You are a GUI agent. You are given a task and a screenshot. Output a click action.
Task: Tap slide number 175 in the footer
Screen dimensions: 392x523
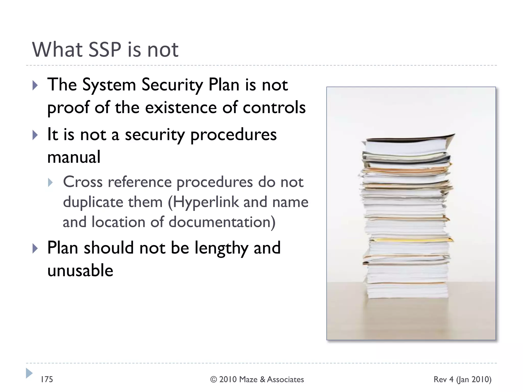tap(47, 379)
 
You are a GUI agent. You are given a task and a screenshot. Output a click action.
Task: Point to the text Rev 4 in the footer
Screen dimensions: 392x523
tap(444, 379)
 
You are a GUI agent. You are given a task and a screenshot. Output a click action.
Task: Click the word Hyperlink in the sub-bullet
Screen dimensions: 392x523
tap(206, 202)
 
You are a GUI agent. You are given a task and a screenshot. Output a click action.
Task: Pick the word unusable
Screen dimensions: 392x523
tap(80, 271)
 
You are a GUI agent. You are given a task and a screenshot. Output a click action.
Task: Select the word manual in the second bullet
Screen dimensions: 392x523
tap(74, 157)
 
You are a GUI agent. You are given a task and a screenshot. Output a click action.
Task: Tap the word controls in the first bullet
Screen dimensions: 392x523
tap(274, 107)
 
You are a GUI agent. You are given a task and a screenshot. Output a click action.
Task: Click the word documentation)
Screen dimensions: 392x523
tap(222, 222)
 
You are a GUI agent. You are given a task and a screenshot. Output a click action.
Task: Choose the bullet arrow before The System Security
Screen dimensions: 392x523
tap(35, 85)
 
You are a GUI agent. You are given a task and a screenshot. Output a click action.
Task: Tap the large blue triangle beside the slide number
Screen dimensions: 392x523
tap(29, 373)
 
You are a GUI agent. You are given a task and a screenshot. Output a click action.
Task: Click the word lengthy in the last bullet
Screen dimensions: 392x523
tap(221, 248)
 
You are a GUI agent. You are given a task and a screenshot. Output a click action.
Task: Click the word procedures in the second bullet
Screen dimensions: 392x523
tap(233, 135)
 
